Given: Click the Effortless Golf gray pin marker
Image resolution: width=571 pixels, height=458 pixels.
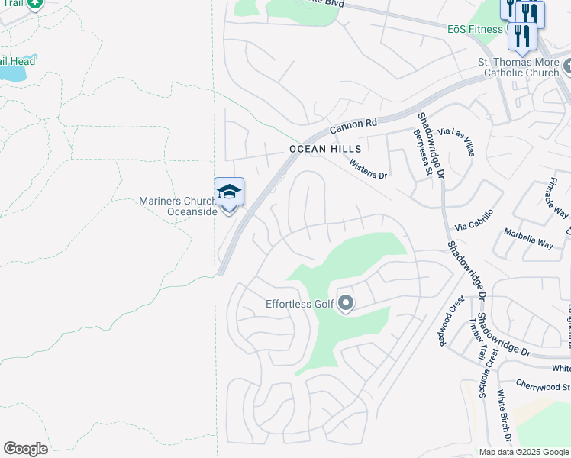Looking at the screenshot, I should coord(345,304).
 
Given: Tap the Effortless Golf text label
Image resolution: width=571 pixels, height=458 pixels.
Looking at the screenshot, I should coord(299,304).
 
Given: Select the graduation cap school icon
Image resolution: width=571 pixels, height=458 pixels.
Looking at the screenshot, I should coord(229,191).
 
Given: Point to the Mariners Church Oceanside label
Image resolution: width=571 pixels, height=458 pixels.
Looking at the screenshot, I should coord(178,206).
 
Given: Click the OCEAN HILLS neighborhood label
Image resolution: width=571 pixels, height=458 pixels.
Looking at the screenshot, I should coord(324,150).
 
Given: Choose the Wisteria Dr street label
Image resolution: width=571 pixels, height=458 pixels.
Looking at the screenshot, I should coord(369,169).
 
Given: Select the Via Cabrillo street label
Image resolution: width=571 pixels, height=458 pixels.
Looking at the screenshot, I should coord(474,220).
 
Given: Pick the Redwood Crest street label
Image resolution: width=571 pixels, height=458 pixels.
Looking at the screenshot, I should coord(450,321).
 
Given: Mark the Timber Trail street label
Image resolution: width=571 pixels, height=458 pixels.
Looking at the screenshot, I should coord(480,337).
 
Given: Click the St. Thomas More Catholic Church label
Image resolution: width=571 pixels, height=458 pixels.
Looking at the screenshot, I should coord(518,67).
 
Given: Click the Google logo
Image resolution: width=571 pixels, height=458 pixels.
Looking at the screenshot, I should coord(25,449).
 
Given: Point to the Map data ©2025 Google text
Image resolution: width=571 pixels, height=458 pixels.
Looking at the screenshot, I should coord(524,452).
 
